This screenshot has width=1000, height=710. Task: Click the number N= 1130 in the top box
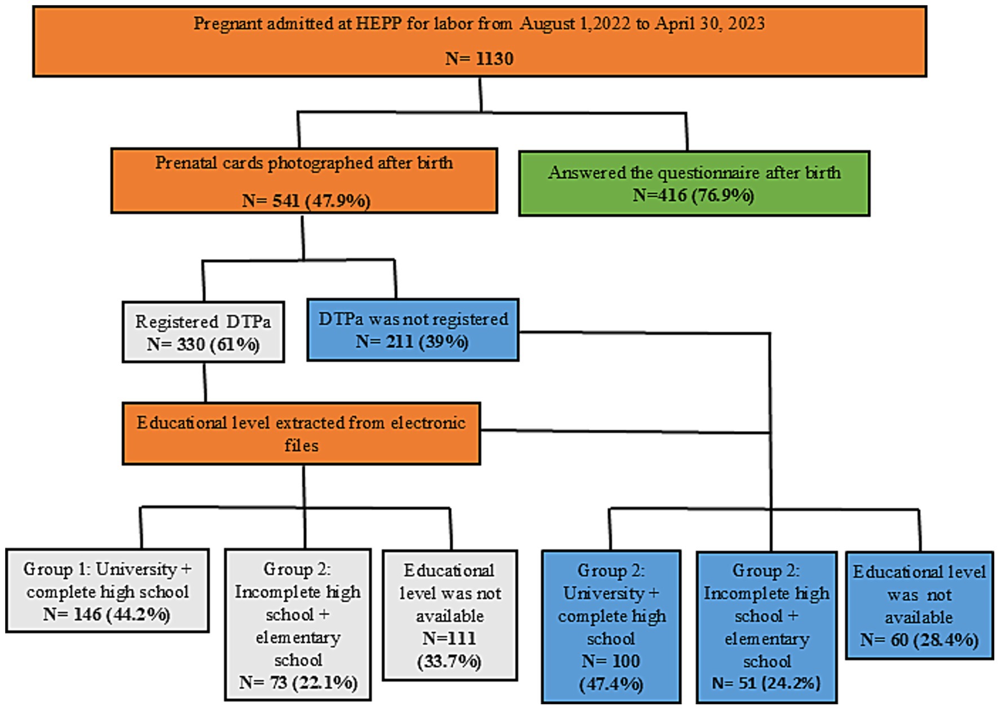[x=479, y=59]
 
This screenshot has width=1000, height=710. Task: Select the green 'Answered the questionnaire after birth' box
[x=694, y=183]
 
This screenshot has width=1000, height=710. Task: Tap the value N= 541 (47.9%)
[x=306, y=201]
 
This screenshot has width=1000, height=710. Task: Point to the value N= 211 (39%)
[x=412, y=342]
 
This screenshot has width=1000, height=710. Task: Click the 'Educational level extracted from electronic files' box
[x=301, y=433]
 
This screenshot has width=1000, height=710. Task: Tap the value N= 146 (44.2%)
[x=107, y=615]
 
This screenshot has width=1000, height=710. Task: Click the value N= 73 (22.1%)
[x=298, y=683]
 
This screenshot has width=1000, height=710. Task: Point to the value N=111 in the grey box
[x=449, y=638]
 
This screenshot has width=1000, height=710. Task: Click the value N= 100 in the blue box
[x=611, y=661]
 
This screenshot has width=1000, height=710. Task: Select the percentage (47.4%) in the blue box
[x=611, y=684]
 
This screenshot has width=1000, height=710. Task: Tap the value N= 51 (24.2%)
[x=766, y=683]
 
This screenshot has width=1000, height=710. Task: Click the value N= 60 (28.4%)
[x=919, y=640]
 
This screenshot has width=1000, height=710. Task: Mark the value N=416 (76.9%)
[x=693, y=195]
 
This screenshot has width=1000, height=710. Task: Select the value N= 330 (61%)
[x=203, y=344]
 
